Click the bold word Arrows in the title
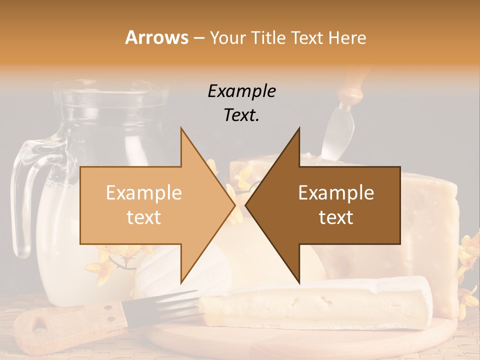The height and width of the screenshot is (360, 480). [157, 37]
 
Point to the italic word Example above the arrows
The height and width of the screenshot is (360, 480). [241, 91]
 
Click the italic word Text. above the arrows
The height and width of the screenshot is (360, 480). [241, 115]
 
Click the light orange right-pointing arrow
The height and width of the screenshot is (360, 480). [150, 205]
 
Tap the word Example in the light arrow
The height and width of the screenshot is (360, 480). [144, 193]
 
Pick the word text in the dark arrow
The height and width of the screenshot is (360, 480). [336, 217]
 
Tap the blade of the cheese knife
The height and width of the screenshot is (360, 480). [331, 130]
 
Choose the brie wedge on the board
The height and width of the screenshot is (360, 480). [315, 302]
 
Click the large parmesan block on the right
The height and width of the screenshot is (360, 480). [430, 225]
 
